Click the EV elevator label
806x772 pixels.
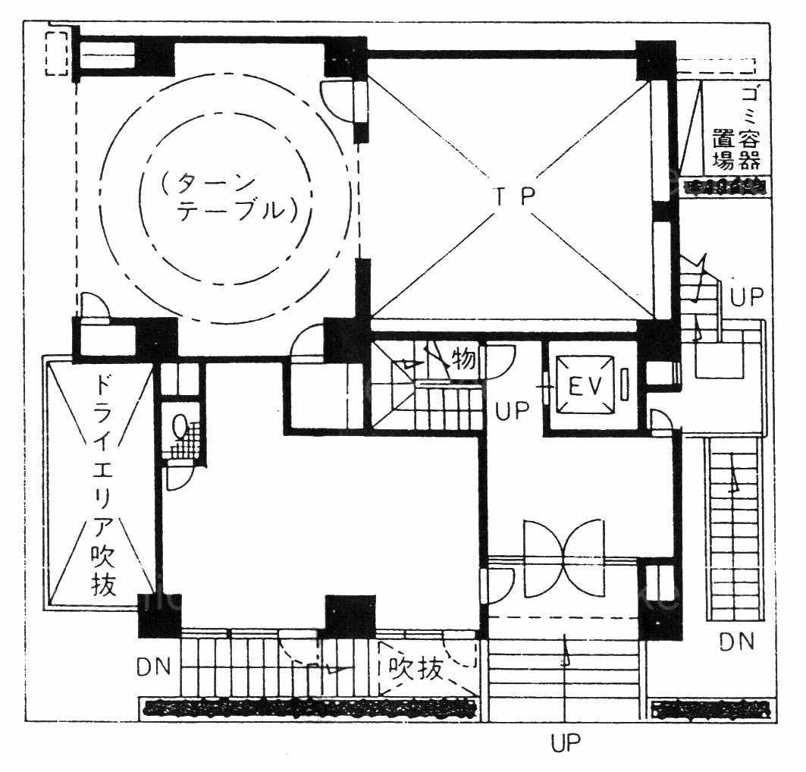[x=585, y=385]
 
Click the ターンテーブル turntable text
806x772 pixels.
[x=229, y=197]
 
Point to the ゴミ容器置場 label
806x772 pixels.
[x=735, y=128]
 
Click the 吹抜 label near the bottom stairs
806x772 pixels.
[x=416, y=669]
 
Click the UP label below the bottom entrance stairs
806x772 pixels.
[x=566, y=742]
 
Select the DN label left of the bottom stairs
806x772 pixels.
[x=154, y=667]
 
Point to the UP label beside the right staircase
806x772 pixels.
[x=747, y=297]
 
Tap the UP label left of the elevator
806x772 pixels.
[x=513, y=411]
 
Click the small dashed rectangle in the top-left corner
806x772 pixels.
[x=57, y=53]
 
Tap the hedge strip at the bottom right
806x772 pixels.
[x=713, y=710]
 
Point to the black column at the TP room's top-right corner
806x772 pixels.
[x=655, y=60]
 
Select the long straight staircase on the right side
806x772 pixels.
[x=733, y=529]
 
